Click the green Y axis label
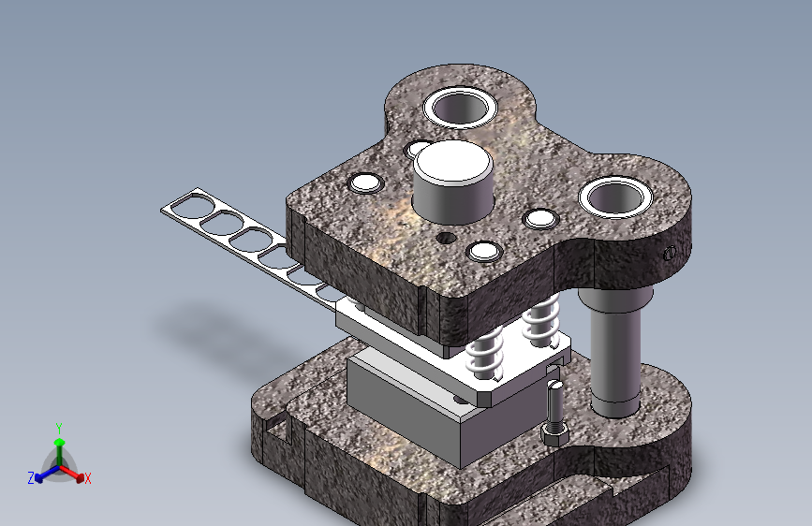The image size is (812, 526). click(59, 429)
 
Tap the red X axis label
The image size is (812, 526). click(87, 478)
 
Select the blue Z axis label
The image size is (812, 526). click(31, 478)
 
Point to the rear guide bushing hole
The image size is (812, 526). click(461, 108)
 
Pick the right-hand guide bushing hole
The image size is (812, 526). click(614, 197)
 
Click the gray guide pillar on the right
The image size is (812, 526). click(615, 352)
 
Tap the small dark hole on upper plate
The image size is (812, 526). click(446, 239)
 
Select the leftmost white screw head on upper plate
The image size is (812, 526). click(365, 183)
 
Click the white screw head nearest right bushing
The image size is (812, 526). click(540, 218)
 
